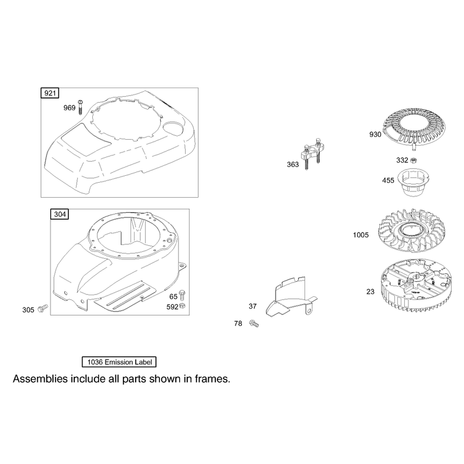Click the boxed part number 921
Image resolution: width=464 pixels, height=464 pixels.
coord(50,93)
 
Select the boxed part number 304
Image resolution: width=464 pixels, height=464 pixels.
coord(60,214)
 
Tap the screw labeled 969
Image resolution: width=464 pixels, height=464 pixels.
coord(81,107)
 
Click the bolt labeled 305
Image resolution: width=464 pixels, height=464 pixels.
coord(43,308)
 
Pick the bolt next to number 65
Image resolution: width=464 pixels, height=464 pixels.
coord(182,295)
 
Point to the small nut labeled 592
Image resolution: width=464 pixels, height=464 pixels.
coord(183,306)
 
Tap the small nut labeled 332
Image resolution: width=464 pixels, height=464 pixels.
coord(415,160)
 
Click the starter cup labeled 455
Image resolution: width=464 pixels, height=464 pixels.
coord(414,182)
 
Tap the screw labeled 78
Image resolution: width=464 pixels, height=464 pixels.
coord(254,324)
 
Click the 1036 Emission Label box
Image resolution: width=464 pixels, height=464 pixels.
coord(119,362)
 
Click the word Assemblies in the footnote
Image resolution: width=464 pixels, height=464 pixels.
coord(40,379)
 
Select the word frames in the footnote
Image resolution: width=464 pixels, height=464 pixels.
coord(212,379)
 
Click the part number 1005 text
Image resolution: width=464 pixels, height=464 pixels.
coord(361,235)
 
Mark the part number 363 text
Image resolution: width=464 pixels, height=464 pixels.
coord(293,165)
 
